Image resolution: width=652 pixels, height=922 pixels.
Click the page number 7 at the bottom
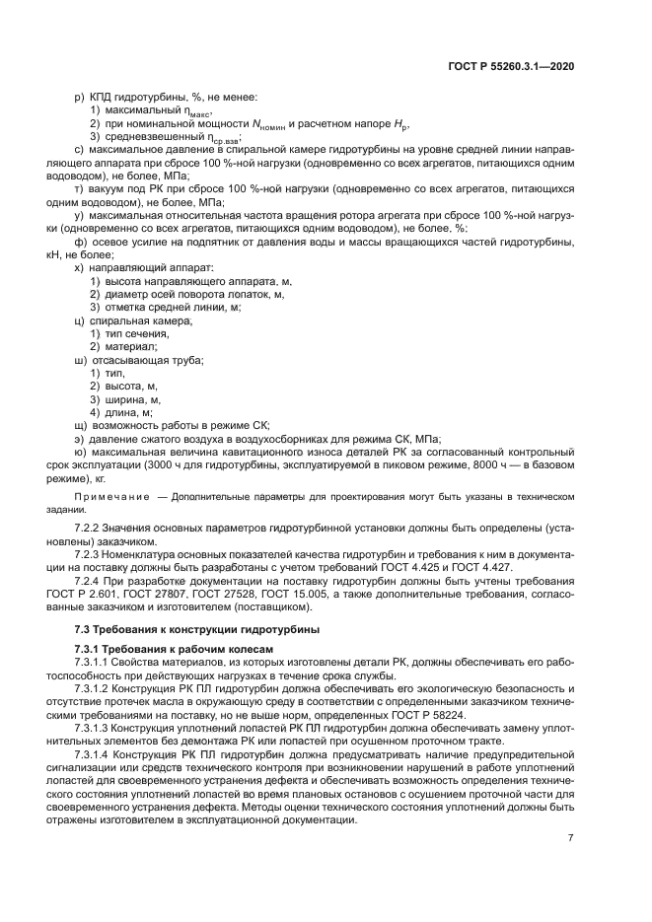[571, 838]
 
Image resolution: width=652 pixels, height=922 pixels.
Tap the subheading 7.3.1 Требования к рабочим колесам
[174, 648]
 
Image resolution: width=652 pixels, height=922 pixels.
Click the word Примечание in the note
[112, 497]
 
